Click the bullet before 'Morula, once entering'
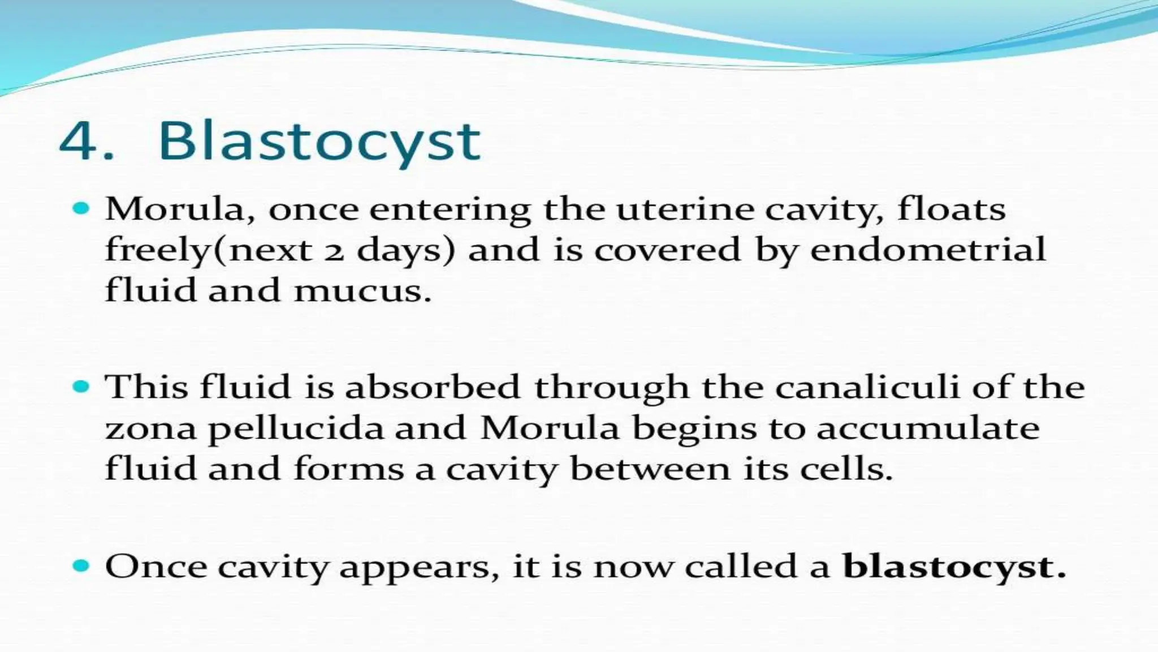tap(82, 208)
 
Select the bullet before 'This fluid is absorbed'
tap(82, 387)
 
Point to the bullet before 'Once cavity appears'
tap(82, 565)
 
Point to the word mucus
tap(362, 291)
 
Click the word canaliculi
tap(867, 387)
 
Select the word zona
tap(151, 429)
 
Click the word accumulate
tap(927, 429)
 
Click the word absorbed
tap(432, 387)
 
